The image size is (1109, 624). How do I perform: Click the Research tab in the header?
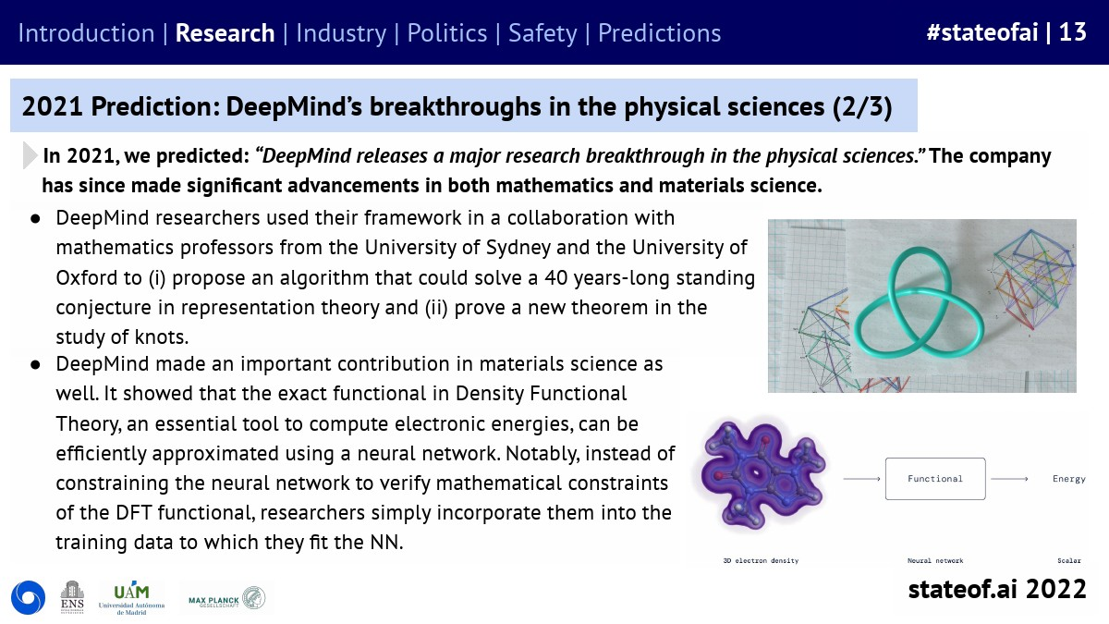coord(225,33)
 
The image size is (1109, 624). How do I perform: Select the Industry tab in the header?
coord(341,33)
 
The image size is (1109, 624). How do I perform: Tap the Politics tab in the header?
coord(447,33)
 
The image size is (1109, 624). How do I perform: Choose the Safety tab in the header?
coord(542,33)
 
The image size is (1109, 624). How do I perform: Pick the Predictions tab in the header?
coord(660,33)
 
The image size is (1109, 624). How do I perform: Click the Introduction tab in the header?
coord(86,33)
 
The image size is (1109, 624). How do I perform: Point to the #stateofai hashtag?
coord(982,32)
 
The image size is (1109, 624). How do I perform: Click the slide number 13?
coord(1072,32)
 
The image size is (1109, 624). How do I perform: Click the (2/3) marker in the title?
coord(862,106)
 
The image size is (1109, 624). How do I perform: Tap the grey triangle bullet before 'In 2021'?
coord(30,155)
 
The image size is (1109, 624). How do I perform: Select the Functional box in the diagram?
coord(935,479)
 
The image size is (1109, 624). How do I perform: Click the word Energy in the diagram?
coord(1069,479)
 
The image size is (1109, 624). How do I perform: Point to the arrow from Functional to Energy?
coord(1009,479)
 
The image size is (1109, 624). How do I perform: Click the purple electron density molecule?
coord(762,474)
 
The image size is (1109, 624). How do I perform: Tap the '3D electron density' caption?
coord(761,560)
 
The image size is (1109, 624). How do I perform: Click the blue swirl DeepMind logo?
coord(29,597)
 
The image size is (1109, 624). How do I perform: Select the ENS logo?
coord(72,597)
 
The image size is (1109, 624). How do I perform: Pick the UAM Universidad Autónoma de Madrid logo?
coord(131,598)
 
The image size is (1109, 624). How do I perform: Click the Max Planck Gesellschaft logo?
coord(226,598)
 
